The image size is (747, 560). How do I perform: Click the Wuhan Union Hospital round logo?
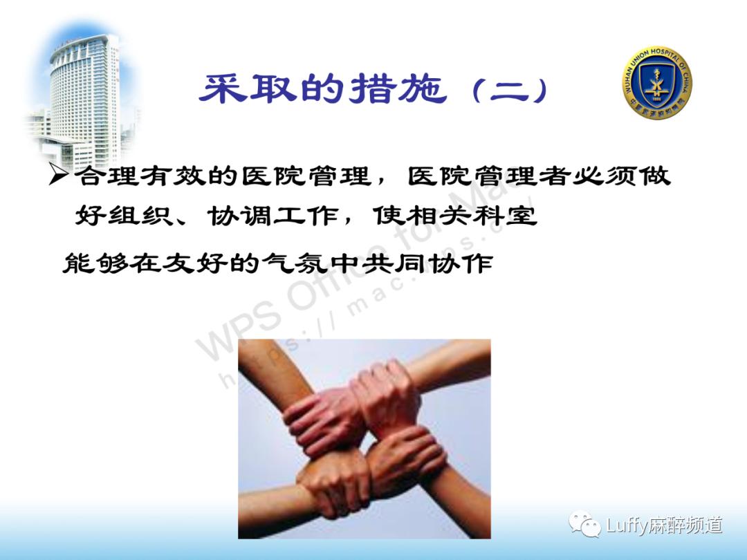[x=656, y=83]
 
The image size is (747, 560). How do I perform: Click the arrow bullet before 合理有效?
[x=59, y=177]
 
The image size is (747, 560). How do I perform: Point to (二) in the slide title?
[x=509, y=90]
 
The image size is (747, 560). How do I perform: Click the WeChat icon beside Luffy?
[x=584, y=525]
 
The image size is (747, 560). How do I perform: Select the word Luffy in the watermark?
[x=627, y=525]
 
